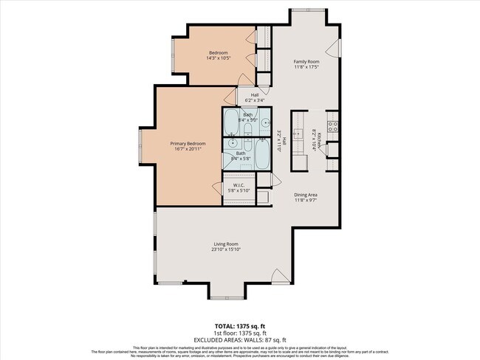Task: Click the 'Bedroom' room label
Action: click(x=218, y=53)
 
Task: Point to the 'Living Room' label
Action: click(x=226, y=243)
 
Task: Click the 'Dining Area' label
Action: click(x=305, y=195)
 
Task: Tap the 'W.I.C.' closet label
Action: click(x=239, y=185)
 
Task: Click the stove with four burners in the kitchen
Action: click(x=333, y=125)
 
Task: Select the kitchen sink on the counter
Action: click(x=298, y=134)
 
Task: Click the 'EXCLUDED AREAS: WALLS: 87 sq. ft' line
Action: click(x=240, y=339)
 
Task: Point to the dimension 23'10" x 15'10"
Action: click(x=226, y=249)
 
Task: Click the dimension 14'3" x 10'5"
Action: click(x=218, y=59)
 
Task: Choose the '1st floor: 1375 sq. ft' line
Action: click(x=240, y=332)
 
